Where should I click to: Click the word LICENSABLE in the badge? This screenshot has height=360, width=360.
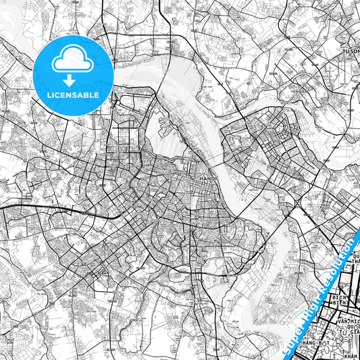click(73, 95)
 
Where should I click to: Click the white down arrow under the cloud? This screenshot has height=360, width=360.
click(73, 80)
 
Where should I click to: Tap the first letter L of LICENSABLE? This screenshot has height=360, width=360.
click(49, 95)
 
